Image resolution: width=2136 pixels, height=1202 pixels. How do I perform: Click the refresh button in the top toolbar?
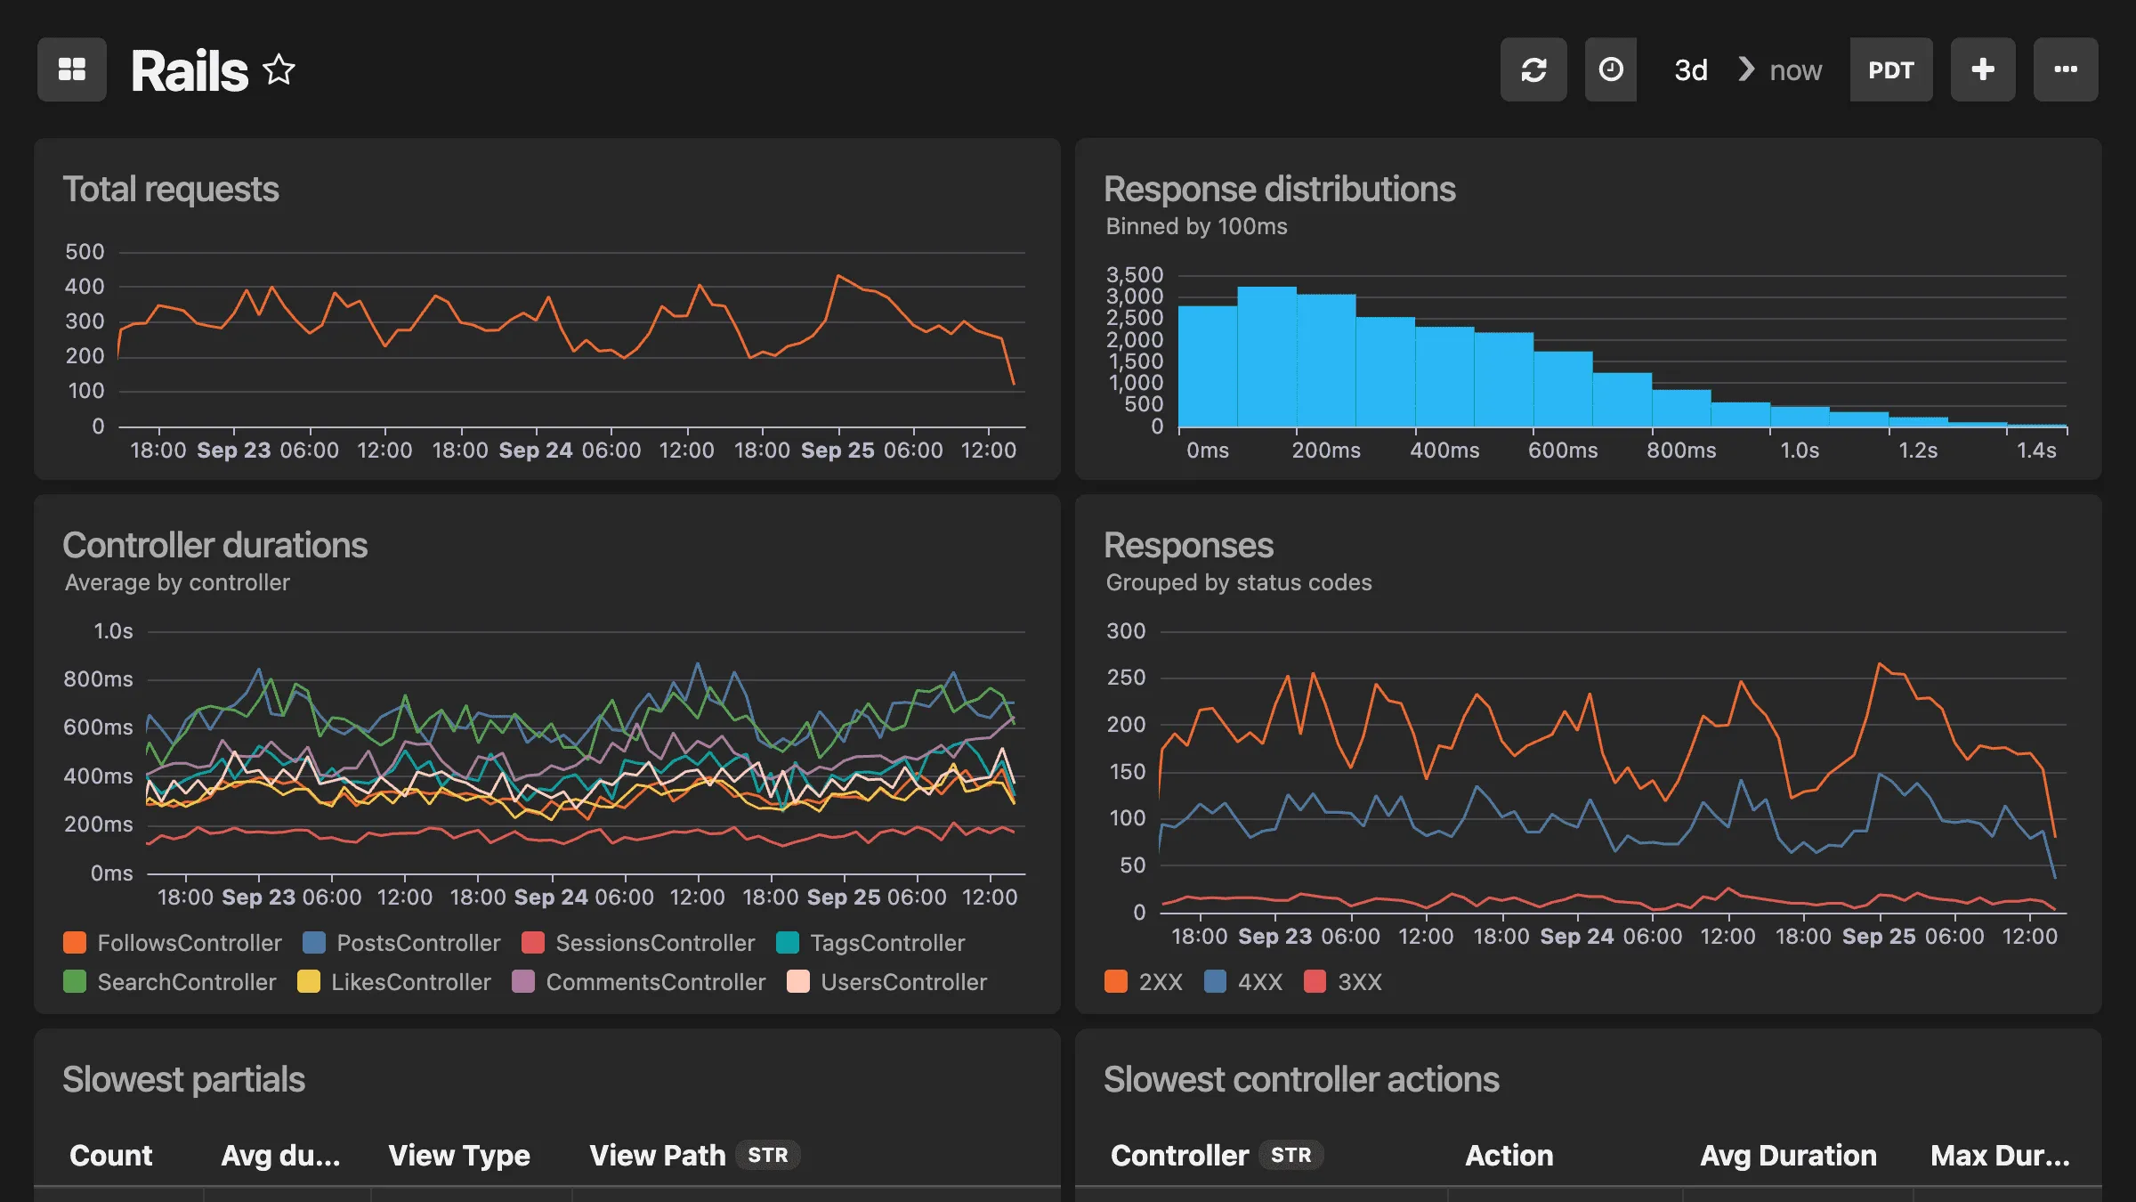click(x=1533, y=69)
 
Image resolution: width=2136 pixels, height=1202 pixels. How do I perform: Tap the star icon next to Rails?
click(x=279, y=69)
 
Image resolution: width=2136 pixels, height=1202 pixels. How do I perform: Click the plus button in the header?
click(x=1982, y=69)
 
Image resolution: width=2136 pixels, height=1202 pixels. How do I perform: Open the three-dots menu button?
click(x=2065, y=69)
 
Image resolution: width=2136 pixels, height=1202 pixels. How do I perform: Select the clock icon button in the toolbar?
click(x=1610, y=69)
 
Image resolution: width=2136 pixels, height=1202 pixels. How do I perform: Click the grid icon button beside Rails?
click(x=71, y=69)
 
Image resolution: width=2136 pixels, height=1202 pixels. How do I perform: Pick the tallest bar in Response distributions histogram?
click(x=1266, y=356)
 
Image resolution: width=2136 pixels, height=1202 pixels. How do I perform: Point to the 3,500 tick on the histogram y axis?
click(x=1134, y=275)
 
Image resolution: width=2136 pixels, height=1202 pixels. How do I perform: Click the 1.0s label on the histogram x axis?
click(x=1799, y=451)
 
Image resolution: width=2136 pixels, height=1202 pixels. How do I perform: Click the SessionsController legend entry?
click(x=654, y=943)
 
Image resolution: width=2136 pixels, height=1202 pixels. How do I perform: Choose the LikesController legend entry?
click(x=409, y=982)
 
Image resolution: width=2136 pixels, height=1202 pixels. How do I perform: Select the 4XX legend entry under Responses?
click(x=1258, y=982)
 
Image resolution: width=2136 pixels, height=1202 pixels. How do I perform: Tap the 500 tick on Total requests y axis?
click(x=85, y=252)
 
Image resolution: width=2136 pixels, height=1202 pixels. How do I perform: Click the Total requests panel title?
click(x=170, y=190)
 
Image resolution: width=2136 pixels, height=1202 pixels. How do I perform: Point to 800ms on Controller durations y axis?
click(x=98, y=679)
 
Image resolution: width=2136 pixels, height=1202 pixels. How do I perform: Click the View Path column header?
click(x=657, y=1155)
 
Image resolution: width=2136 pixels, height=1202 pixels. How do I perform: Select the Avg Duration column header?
click(x=1787, y=1155)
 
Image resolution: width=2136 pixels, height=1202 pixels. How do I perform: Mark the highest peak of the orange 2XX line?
click(x=1879, y=664)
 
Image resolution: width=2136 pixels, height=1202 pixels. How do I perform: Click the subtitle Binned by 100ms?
click(x=1195, y=227)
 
